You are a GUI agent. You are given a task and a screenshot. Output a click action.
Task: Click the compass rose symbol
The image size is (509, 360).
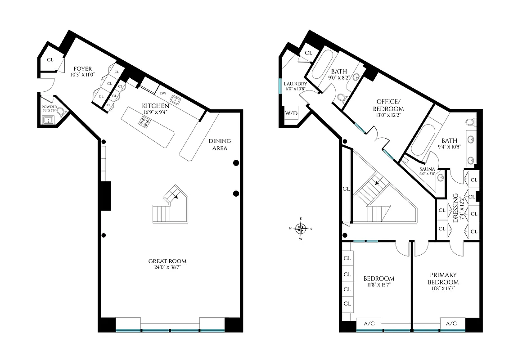[301, 228]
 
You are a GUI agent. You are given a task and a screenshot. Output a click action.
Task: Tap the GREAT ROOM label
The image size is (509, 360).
[167, 261]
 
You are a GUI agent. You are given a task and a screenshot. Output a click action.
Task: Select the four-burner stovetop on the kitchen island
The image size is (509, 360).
[145, 121]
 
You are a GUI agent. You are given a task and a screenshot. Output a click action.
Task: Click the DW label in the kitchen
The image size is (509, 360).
[163, 94]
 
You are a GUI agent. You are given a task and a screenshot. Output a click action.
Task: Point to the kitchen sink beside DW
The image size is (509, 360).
[176, 99]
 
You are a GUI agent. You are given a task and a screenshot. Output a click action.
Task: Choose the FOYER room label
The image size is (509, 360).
[82, 69]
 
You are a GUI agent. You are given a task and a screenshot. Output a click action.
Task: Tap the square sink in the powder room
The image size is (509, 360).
[47, 120]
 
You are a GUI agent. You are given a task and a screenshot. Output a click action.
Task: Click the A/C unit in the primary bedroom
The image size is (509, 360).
[451, 323]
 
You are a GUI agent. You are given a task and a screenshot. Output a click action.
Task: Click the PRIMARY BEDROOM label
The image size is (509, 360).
[443, 278]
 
